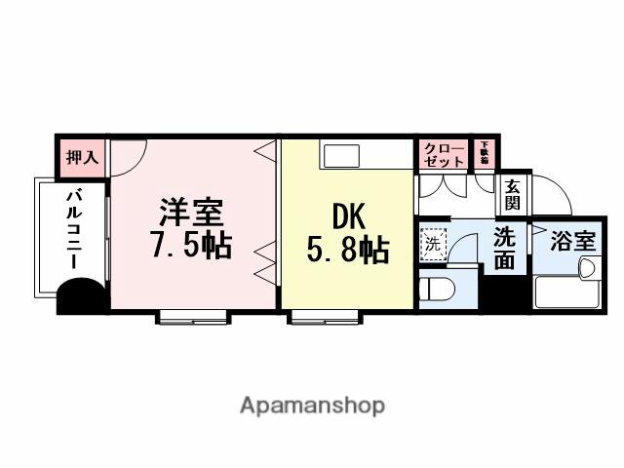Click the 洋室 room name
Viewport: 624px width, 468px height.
pyautogui.click(x=191, y=213)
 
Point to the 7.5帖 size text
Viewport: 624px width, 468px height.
pyautogui.click(x=191, y=246)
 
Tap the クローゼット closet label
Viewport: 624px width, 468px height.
pyautogui.click(x=444, y=155)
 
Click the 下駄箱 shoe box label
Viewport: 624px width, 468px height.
pyautogui.click(x=484, y=152)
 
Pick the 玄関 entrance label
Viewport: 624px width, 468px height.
pyautogui.click(x=511, y=195)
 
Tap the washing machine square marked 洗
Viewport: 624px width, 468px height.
pyautogui.click(x=432, y=244)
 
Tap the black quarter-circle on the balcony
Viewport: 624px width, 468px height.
pyautogui.click(x=80, y=296)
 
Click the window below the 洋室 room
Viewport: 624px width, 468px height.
pyautogui.click(x=193, y=316)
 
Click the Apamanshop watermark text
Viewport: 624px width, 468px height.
pyautogui.click(x=311, y=405)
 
